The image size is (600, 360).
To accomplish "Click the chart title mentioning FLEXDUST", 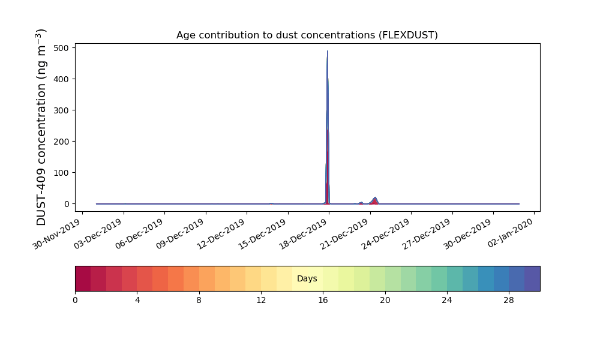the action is coord(307,35).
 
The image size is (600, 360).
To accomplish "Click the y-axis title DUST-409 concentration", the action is coord(41,127).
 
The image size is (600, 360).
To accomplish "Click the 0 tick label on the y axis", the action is coord(67,204).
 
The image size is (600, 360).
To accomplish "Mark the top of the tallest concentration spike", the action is coord(328,51).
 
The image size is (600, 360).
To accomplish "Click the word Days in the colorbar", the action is coord(307,278).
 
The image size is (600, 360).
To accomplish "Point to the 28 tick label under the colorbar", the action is coord(509,301).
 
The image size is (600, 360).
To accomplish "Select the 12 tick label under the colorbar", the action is coord(261,301).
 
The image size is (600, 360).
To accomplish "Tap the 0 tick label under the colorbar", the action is coord(75,301).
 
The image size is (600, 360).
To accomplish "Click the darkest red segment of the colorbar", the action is coord(83,278).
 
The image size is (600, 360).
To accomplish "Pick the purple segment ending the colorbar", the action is coord(532,278).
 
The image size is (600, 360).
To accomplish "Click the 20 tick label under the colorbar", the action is coord(385,301).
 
